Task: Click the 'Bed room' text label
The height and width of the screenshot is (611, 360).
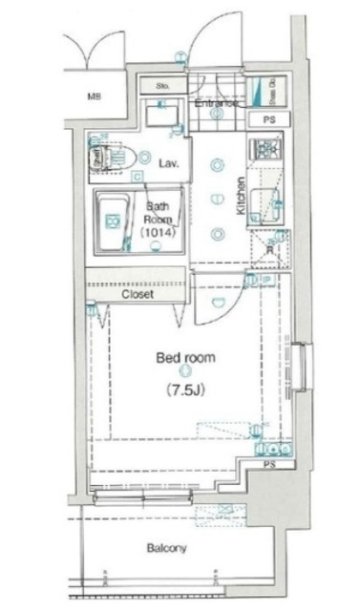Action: coord(185,358)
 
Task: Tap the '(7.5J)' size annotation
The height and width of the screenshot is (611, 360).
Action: coord(185,390)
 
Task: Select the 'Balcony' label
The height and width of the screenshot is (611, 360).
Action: coord(166,548)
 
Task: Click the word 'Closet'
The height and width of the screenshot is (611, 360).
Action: coord(139,294)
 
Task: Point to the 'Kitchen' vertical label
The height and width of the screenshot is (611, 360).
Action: coord(243,198)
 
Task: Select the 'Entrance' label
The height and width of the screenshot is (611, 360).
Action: coord(217,102)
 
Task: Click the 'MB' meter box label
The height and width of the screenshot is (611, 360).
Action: coord(95,96)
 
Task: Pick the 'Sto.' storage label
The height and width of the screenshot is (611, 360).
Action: coord(162,86)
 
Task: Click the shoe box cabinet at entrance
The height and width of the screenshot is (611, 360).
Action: coord(265,94)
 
